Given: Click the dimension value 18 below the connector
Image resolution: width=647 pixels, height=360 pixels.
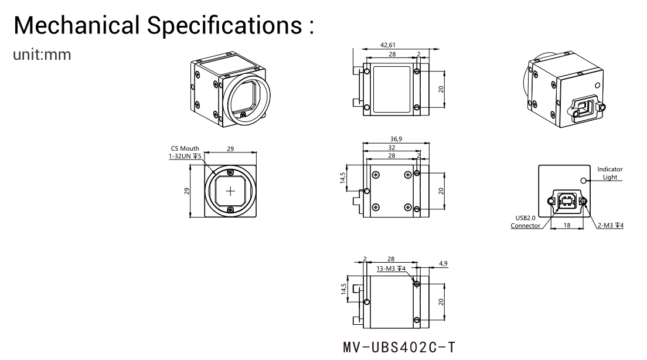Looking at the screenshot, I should (567, 225).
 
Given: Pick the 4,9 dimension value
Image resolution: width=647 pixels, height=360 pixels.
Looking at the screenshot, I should (443, 263).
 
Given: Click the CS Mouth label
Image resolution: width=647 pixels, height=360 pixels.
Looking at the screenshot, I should (185, 148).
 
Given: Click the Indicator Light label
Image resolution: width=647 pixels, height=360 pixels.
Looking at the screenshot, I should (609, 173).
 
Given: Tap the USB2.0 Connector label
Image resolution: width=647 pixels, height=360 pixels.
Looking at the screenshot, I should (525, 222).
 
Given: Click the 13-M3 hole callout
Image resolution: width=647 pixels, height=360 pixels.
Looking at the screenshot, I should (391, 269).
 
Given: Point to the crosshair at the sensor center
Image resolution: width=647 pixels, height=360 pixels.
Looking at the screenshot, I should (230, 191).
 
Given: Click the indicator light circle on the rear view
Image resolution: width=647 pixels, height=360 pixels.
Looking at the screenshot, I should (583, 180).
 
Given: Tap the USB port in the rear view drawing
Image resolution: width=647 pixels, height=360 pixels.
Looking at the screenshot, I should (567, 201).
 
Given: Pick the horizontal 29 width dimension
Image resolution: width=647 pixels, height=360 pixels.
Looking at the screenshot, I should (230, 149).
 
